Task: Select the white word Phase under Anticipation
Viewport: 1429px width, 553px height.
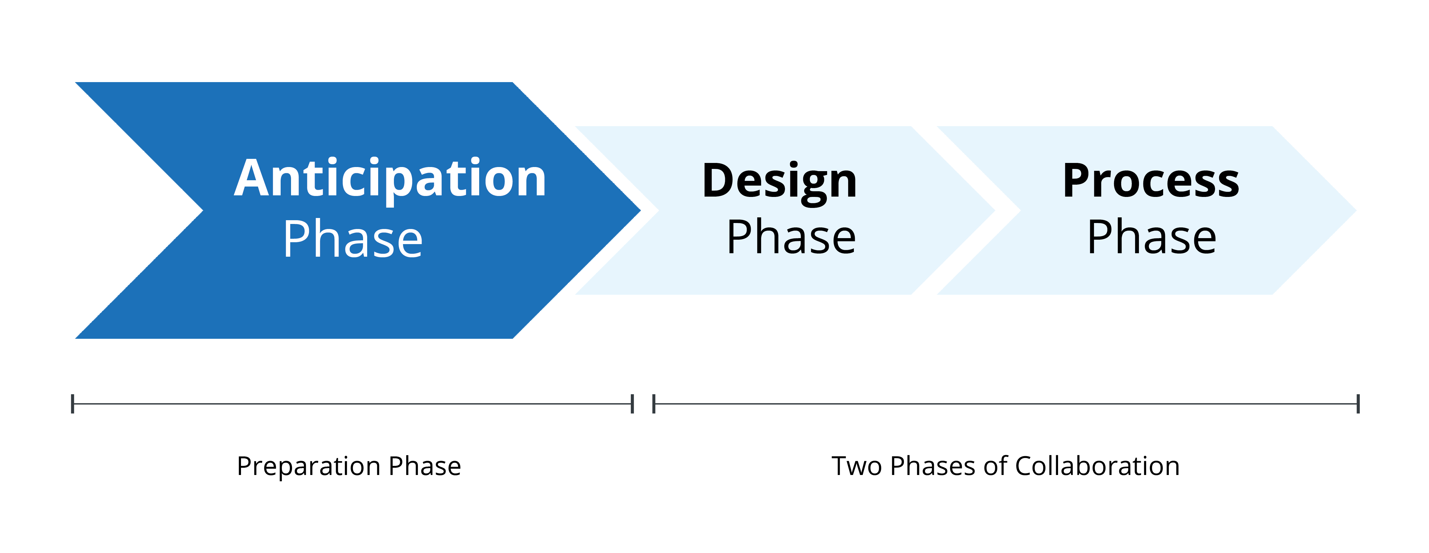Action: coord(353,240)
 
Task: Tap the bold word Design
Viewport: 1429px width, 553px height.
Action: coord(779,182)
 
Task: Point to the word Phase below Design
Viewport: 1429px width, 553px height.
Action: coord(791,237)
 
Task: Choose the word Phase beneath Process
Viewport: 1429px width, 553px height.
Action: coord(1152,237)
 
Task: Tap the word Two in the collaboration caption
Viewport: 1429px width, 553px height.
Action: coord(856,466)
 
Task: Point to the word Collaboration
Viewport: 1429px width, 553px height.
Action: coord(1097,466)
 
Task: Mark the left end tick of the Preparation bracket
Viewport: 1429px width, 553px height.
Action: coord(73,404)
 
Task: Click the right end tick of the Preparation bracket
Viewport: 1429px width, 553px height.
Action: coord(632,404)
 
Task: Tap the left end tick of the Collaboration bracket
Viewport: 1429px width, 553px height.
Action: coord(654,404)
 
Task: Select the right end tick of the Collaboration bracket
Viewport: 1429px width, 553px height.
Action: coord(1358,404)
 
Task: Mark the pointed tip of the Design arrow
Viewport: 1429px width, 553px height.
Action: coord(995,210)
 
